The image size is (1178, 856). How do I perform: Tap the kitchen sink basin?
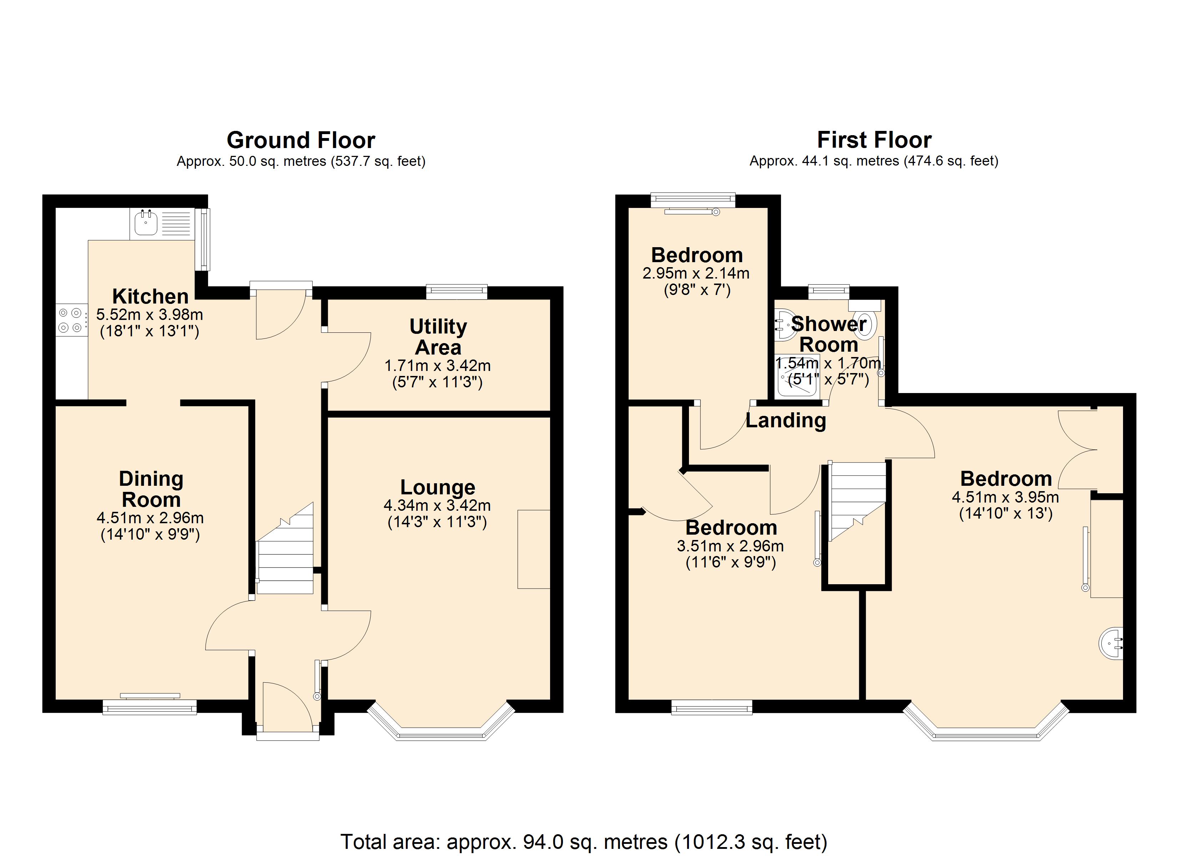pyautogui.click(x=146, y=224)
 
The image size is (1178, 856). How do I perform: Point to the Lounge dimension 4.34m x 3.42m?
pyautogui.click(x=437, y=505)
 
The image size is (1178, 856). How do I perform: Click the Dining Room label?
pyautogui.click(x=151, y=489)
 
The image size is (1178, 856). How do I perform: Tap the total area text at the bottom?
pyautogui.click(x=583, y=841)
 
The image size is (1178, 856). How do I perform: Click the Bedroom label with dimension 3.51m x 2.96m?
pyautogui.click(x=731, y=528)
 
